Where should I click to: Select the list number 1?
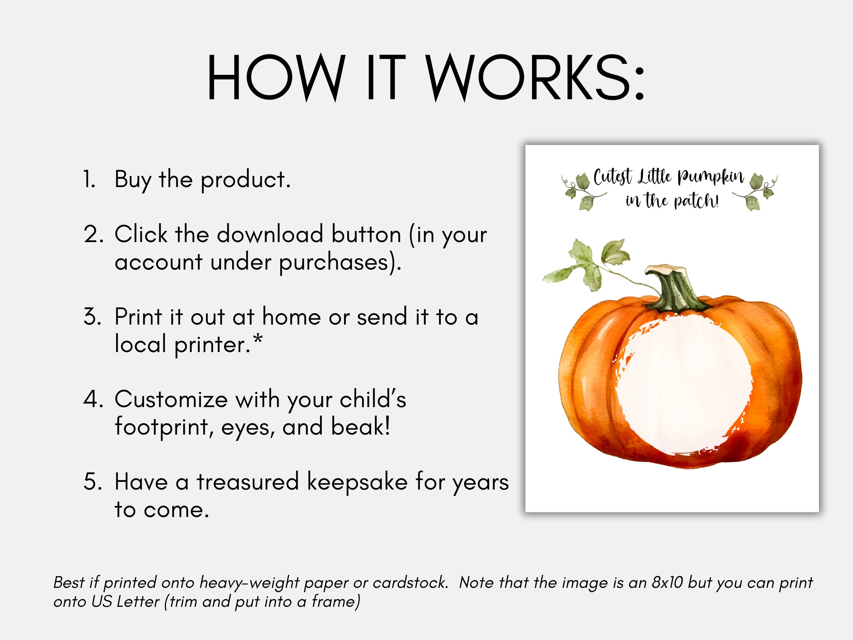(89, 180)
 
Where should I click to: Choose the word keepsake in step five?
(357, 482)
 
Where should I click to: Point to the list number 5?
(93, 482)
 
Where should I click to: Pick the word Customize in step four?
(171, 400)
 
